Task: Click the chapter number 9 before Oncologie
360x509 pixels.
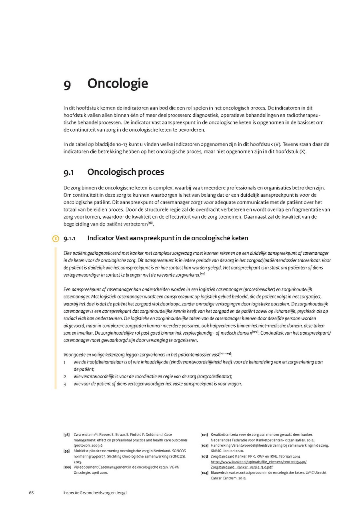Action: click(67, 84)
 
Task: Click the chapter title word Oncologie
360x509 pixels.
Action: click(118, 84)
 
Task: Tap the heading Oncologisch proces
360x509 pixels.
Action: click(126, 172)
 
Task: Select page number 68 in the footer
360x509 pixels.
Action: click(31, 493)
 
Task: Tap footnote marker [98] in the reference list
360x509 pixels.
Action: click(66, 435)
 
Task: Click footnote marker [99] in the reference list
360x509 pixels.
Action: click(66, 451)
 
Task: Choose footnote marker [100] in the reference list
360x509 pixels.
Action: click(67, 467)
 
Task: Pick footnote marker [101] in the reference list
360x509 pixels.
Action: click(204, 435)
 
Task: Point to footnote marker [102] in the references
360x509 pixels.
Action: click(204, 445)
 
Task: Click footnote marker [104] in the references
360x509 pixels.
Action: click(204, 473)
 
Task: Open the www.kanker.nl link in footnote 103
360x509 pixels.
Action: click(258, 461)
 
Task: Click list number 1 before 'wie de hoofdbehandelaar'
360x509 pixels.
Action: click(65, 362)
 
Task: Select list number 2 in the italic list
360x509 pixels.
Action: click(65, 377)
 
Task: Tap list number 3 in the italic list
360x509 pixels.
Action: click(65, 384)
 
